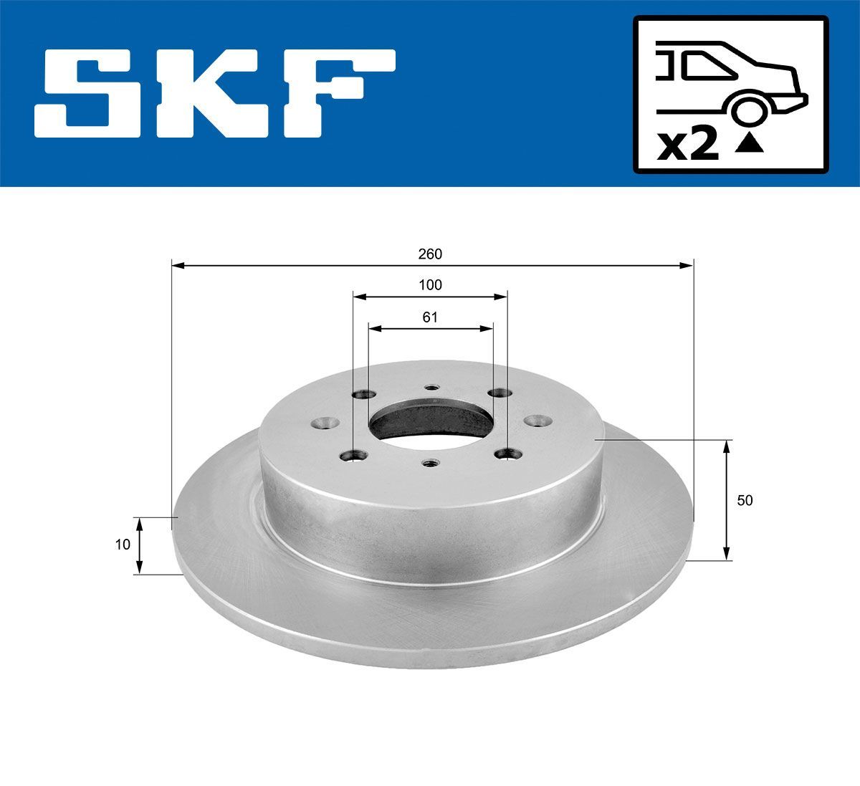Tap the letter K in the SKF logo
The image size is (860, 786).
[x=216, y=93]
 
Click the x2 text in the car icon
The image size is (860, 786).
[x=688, y=145]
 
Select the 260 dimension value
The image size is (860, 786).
[x=431, y=254]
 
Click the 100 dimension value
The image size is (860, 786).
[x=430, y=284]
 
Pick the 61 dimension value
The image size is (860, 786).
[x=430, y=317]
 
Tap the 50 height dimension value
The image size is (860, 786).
[x=745, y=500]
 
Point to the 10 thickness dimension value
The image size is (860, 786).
[x=123, y=545]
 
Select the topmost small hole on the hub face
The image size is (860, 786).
[x=431, y=389]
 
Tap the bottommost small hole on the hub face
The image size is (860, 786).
[x=430, y=464]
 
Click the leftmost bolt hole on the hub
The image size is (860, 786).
[x=328, y=423]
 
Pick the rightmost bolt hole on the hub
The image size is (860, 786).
[x=535, y=421]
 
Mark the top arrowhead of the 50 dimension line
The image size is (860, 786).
[x=727, y=446]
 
